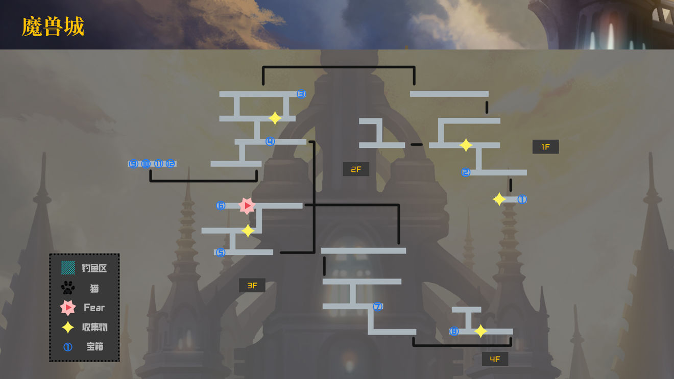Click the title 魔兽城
53,27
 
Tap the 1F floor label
545,147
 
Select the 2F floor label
356,169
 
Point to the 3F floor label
252,286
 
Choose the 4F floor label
495,359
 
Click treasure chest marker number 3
301,94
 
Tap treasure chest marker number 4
270,141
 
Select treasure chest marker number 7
377,307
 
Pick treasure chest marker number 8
454,332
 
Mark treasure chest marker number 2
466,172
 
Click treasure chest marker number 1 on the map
522,199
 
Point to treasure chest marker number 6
221,206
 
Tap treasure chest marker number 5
220,252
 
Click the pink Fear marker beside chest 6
247,206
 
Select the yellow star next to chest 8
480,332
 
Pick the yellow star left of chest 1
499,199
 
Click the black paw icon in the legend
68,288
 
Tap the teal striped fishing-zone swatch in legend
68,268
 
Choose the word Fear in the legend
94,308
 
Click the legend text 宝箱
94,347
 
